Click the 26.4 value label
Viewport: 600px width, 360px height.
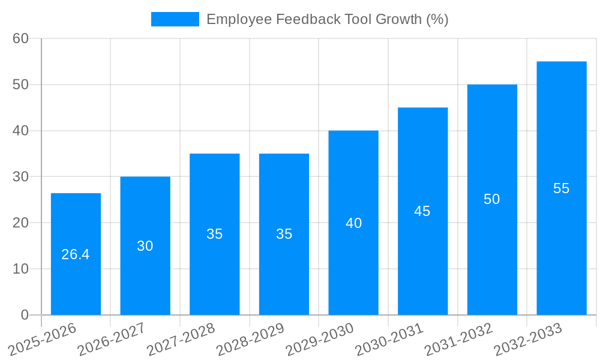tap(76, 254)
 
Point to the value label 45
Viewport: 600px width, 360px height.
tap(422, 211)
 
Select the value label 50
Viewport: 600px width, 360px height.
tap(492, 199)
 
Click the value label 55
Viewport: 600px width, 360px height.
tap(562, 188)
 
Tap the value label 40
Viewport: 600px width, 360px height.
tap(353, 223)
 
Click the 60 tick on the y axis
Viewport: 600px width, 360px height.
tap(21, 38)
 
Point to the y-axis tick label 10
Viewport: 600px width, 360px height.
tap(21, 269)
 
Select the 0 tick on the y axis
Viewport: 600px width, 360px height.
tap(25, 315)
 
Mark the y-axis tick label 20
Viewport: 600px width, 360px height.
tap(21, 223)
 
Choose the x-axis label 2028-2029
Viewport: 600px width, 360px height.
tap(250, 339)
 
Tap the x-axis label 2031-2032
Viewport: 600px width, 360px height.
tap(458, 339)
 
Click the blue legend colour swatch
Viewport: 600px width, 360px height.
tap(175, 19)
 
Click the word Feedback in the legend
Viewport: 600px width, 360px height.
tap(307, 19)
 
